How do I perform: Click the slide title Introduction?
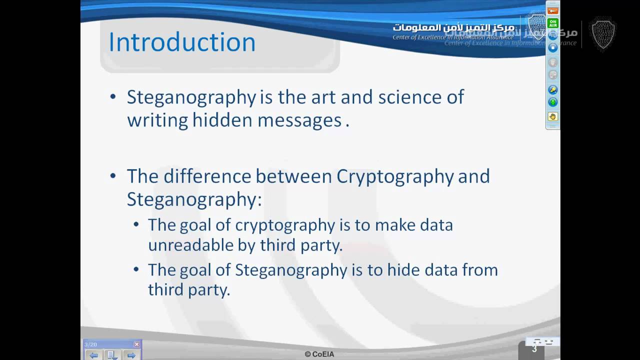(x=182, y=42)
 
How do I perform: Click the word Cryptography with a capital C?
(x=395, y=176)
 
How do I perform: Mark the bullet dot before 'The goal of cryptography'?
(x=136, y=225)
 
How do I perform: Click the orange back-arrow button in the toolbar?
(x=552, y=11)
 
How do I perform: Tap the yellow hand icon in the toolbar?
(x=552, y=116)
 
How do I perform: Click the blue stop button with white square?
(x=552, y=47)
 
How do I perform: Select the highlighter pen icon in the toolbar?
(x=552, y=89)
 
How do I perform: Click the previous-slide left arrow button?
(x=93, y=355)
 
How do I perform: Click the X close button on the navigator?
(x=136, y=344)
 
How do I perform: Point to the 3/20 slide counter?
(x=90, y=344)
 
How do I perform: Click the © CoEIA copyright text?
(x=319, y=354)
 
